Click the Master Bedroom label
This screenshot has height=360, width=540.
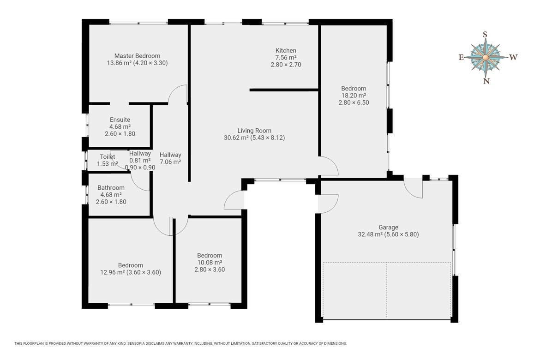[x=137, y=56]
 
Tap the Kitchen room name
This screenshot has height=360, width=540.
[x=286, y=51]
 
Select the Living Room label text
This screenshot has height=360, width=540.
[x=254, y=131]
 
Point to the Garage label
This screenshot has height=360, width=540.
[x=389, y=228]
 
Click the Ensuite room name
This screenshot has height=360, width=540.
[x=120, y=120]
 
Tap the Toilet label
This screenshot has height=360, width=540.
[x=108, y=157]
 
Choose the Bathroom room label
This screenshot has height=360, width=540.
[x=111, y=188]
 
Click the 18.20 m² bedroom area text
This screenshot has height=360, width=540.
[x=354, y=96]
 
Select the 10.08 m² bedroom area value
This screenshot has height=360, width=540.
[x=210, y=263]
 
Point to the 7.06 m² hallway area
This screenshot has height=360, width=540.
[x=170, y=162]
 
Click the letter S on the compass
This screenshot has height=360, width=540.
[x=485, y=35]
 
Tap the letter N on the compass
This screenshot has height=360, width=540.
[x=486, y=81]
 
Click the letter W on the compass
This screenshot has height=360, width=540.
[x=514, y=57]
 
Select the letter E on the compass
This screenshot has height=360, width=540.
[x=461, y=58]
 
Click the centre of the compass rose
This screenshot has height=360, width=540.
[x=485, y=57]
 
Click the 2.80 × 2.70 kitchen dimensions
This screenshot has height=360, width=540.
[x=286, y=65]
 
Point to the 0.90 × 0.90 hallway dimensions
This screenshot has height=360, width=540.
[x=140, y=168]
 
